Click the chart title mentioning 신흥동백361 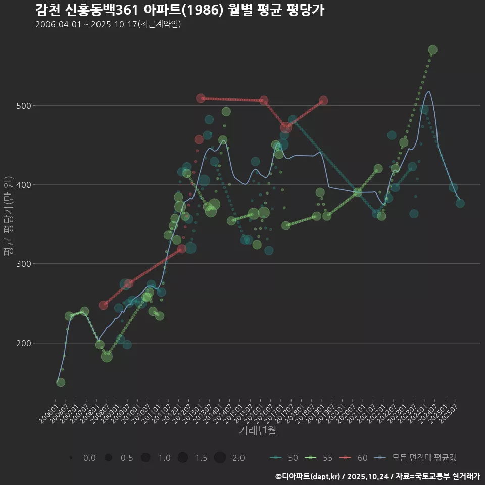click(180, 10)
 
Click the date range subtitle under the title click(108, 24)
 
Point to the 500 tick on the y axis click(22, 105)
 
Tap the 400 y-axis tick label click(22, 184)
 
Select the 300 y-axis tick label click(22, 264)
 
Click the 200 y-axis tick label click(22, 343)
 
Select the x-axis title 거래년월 click(257, 431)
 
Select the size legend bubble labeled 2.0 click(220, 458)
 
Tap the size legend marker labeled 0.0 click(71, 458)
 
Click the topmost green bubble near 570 click(432, 50)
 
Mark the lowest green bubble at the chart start click(60, 382)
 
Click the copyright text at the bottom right click(378, 476)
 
